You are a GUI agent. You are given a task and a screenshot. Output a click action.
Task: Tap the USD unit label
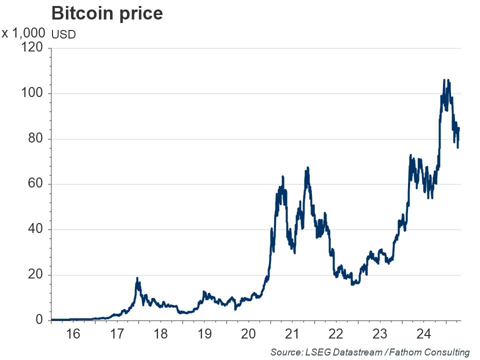[64, 35]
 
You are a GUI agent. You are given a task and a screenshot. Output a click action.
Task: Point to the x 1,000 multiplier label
[23, 34]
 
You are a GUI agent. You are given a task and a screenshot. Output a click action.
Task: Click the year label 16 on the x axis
[73, 334]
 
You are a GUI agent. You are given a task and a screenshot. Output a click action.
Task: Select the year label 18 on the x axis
[160, 334]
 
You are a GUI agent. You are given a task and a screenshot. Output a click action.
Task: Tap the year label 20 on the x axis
[248, 334]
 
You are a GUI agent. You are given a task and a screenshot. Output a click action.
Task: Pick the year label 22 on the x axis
[336, 334]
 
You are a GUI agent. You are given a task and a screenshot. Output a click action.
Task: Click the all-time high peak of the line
[444, 80]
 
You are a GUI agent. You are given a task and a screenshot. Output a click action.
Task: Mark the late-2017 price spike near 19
[137, 278]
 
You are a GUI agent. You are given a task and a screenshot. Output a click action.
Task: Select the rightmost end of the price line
[459, 128]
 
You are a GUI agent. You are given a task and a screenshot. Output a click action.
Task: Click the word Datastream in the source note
[348, 352]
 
